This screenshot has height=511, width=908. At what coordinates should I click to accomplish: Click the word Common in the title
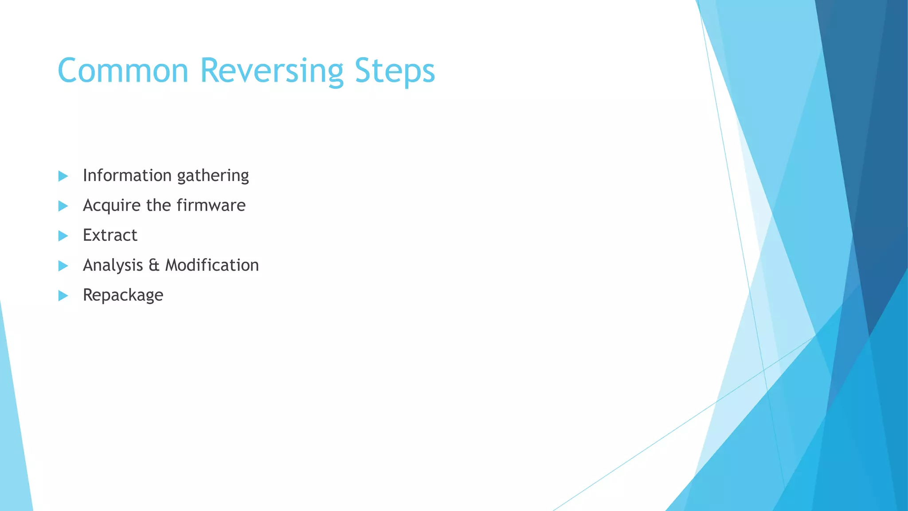click(123, 71)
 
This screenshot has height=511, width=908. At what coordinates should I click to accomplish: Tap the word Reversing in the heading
click(271, 71)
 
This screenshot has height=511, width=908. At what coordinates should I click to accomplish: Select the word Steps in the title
click(395, 71)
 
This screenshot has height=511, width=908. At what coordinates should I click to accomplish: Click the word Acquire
click(111, 206)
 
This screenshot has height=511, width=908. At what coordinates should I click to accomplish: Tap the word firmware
click(211, 205)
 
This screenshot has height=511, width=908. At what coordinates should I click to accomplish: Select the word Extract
click(110, 235)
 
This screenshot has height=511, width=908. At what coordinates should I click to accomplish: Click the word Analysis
click(113, 265)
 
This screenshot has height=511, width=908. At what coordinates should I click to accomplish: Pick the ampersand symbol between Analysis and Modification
click(153, 265)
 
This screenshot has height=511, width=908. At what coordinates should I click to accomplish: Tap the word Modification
click(212, 265)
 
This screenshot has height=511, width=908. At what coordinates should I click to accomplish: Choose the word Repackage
click(123, 295)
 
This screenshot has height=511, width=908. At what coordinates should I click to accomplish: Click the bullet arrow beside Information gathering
click(63, 176)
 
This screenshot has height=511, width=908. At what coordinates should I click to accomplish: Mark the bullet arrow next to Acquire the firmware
click(63, 206)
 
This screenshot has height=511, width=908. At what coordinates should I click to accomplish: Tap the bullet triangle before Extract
click(63, 236)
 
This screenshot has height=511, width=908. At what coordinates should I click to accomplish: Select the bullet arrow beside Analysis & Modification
click(63, 266)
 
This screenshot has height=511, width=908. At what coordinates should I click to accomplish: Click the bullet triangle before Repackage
click(63, 295)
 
